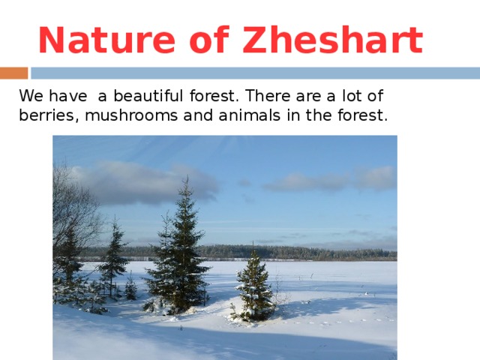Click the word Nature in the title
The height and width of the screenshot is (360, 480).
point(106,40)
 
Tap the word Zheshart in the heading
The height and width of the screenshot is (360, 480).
point(333,40)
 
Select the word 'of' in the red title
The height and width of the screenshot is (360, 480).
point(209,40)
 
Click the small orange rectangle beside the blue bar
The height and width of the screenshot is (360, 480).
point(13,73)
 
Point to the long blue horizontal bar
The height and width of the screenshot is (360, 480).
point(255,73)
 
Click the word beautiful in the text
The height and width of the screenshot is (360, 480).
point(148,96)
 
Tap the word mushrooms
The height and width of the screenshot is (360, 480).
point(131,115)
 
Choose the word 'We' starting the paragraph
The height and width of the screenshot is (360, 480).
point(31,96)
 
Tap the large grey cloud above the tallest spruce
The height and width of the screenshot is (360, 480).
point(144,183)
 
